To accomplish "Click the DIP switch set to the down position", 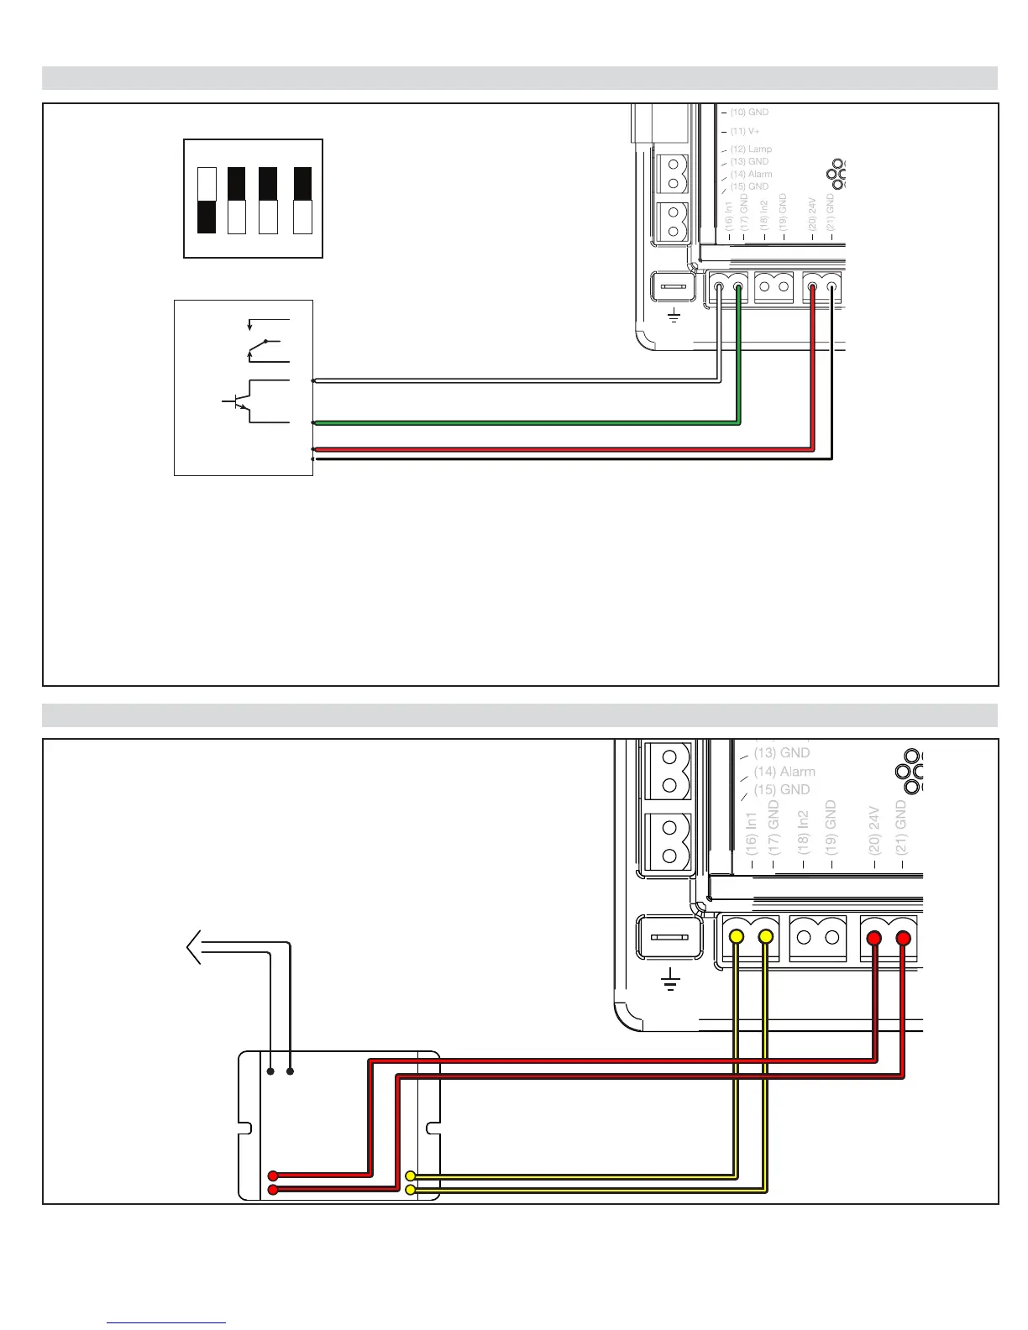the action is coord(207,201).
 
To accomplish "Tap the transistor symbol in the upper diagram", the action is coord(239,401).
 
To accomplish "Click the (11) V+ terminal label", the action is coord(744,131).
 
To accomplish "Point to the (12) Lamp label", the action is coord(750,149).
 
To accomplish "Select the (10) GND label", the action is coord(748,112).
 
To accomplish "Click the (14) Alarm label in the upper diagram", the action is coord(751,174).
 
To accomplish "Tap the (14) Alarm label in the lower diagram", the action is coord(784,772).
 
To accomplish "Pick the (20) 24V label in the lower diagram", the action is coord(873,832).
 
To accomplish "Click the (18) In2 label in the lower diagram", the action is coord(804,832).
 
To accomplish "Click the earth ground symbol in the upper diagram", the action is coord(674,317).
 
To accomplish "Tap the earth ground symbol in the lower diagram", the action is coord(670,979).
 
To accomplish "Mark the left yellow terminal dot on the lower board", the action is coord(736,936).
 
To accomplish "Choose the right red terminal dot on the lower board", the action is coord(904,937).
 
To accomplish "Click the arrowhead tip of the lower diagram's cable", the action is coord(187,948).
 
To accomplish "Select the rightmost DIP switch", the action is coord(302,201).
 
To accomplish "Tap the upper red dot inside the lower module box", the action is coord(274,1176).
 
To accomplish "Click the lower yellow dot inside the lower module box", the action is coord(410,1190).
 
